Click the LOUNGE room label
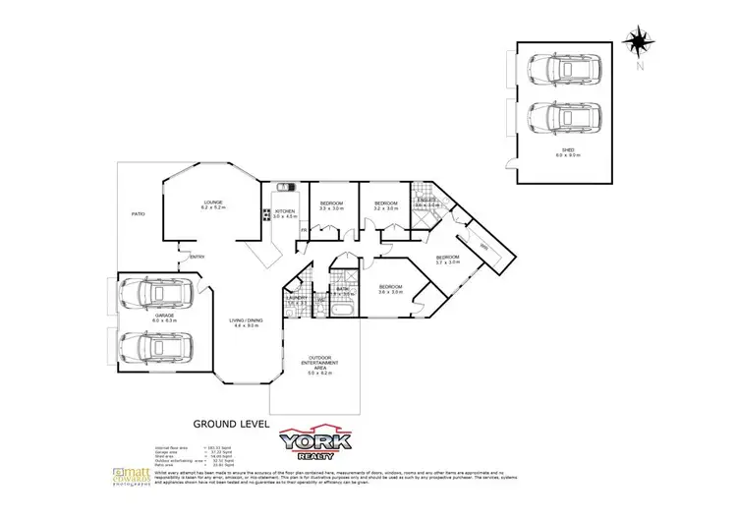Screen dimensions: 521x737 coord(213,204)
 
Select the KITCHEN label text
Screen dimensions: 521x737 coord(285,213)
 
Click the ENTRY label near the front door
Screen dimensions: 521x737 coord(197,258)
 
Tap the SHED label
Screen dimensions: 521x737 coord(568,151)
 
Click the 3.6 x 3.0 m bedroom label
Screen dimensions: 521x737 coord(390,290)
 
